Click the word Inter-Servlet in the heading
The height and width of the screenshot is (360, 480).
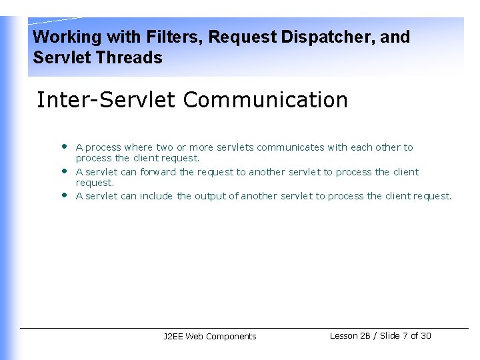coord(106,100)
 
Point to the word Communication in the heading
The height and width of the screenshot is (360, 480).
coord(265,100)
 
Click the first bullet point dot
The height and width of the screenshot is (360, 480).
coord(64,146)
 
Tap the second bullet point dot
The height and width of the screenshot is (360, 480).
coord(64,171)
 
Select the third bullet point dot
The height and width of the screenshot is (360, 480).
coord(64,195)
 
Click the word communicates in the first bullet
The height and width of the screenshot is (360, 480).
coord(291,147)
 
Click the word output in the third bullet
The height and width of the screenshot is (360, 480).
coord(210,196)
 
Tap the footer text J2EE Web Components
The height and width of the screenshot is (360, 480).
coord(209,337)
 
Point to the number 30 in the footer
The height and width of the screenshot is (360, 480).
coord(426,335)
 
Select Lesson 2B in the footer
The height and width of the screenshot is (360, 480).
coord(350,335)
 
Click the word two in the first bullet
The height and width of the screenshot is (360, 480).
coord(164,147)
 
